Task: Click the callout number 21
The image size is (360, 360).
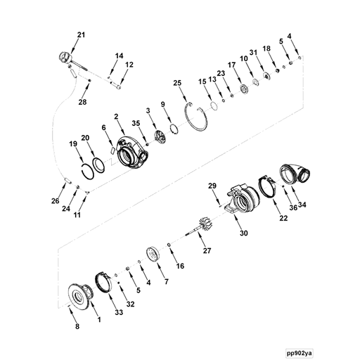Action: coord(80,35)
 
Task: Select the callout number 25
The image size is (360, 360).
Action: coord(178,83)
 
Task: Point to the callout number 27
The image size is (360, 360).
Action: coord(206,250)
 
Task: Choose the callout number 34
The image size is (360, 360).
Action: coord(303,205)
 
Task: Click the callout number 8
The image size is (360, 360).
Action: coord(77,327)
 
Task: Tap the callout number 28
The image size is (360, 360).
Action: coord(82,103)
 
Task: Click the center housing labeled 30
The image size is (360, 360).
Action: coord(243,200)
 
